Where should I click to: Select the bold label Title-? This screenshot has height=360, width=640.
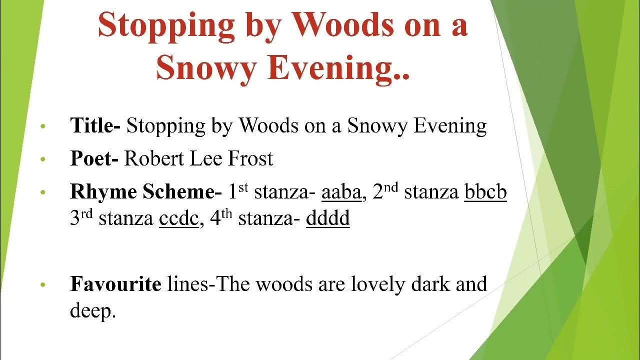[x=95, y=125]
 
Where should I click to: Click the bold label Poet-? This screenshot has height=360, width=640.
[x=94, y=159]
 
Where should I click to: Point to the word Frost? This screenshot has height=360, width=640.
[x=250, y=159]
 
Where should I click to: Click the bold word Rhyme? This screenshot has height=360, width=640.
[x=103, y=192]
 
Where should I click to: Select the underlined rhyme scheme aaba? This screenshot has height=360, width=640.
[x=341, y=192]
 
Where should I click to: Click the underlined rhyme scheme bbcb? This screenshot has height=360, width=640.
[x=485, y=192]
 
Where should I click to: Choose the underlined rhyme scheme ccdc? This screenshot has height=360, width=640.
[x=179, y=219]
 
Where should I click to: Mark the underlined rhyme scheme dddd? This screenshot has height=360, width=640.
[x=327, y=219]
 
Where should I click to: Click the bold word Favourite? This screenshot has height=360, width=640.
[x=115, y=284]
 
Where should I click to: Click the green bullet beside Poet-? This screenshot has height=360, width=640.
[x=43, y=159]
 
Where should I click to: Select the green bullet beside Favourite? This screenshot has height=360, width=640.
[x=43, y=284]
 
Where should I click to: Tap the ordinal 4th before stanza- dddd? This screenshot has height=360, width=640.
[x=221, y=218]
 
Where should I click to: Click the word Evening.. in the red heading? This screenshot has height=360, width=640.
[x=338, y=68]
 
